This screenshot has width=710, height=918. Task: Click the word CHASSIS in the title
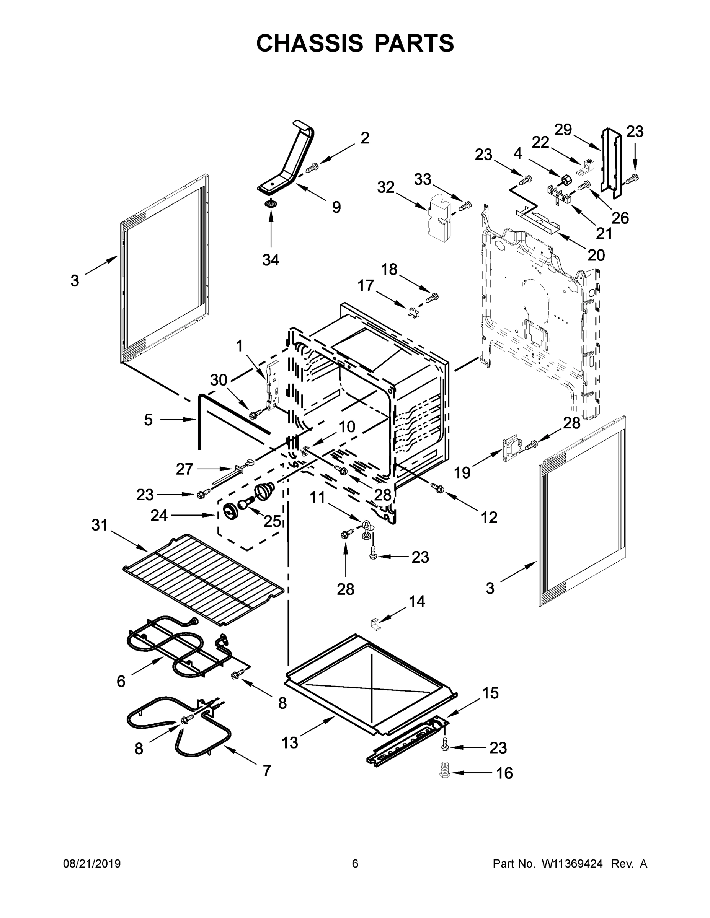coord(310,43)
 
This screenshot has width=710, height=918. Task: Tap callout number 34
coord(271,260)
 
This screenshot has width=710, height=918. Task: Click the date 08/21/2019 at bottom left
coord(92,863)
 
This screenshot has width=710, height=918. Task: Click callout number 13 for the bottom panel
coord(289,743)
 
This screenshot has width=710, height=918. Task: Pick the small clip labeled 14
coord(375,623)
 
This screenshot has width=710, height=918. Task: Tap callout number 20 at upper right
coord(596,255)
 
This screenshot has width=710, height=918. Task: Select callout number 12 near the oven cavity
coord(489,517)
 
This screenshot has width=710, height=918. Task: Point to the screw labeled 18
coord(433,298)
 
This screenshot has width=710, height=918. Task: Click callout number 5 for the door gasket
coord(148,420)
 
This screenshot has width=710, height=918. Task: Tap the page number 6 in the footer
coord(355,863)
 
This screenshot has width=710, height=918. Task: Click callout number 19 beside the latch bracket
coord(462,472)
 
